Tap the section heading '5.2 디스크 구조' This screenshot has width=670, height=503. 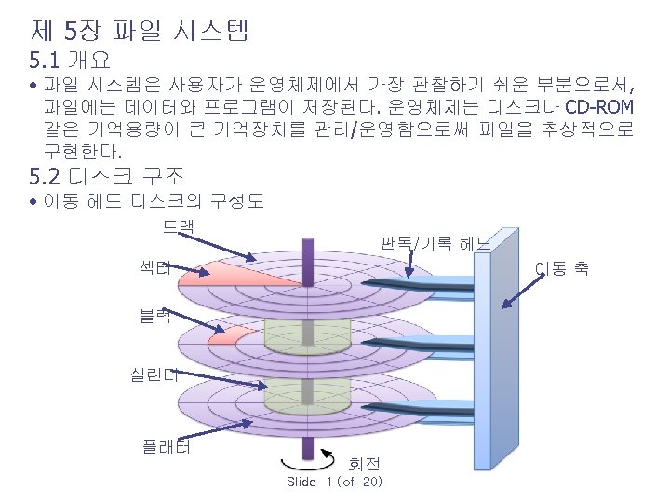pos(107,174)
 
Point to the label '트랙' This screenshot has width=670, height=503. pos(179,226)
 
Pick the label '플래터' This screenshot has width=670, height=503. pos(166,446)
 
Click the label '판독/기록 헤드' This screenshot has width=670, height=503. pos(435,244)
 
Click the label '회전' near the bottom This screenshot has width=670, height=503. pos(363,463)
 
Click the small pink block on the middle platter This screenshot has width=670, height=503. pos(233,335)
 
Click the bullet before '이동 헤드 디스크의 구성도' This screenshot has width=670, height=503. pos(33,202)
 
